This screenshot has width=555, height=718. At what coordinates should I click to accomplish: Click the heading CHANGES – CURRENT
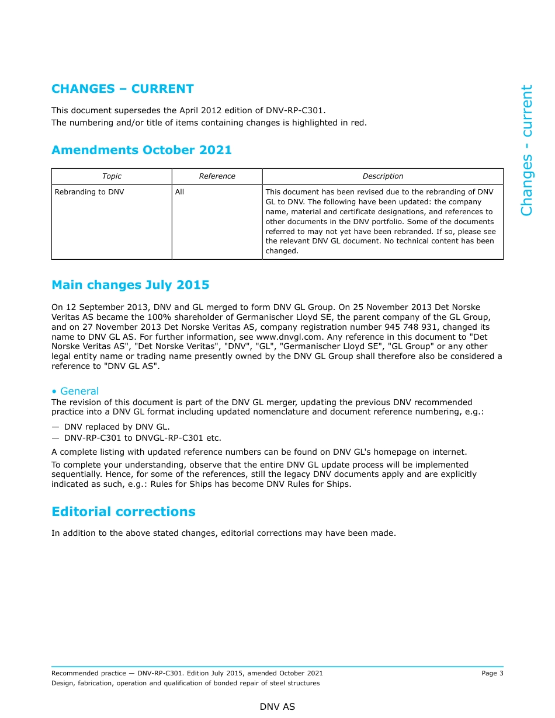[x=122, y=89]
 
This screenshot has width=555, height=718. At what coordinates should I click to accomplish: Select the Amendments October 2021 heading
[x=141, y=150]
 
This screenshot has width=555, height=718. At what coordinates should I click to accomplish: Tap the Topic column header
[x=112, y=176]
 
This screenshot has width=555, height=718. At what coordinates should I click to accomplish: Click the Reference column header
[x=217, y=176]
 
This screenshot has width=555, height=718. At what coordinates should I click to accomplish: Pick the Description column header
[x=383, y=176]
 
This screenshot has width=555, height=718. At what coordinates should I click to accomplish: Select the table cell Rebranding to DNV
[x=89, y=192]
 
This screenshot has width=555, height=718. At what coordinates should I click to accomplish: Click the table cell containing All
[x=179, y=192]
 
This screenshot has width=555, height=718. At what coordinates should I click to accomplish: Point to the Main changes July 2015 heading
[x=130, y=285]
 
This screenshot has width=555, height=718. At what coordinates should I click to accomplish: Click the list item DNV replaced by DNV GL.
[x=117, y=427]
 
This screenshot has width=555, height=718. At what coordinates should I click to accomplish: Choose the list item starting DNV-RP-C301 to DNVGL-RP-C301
[x=143, y=438]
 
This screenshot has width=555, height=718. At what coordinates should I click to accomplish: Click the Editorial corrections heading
[x=123, y=512]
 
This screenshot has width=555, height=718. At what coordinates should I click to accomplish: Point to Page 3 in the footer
[x=492, y=673]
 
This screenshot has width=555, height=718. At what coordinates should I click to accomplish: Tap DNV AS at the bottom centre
[x=277, y=707]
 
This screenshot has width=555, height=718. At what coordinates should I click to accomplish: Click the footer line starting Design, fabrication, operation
[x=185, y=683]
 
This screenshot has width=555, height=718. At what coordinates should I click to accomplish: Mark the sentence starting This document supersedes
[x=188, y=110]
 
